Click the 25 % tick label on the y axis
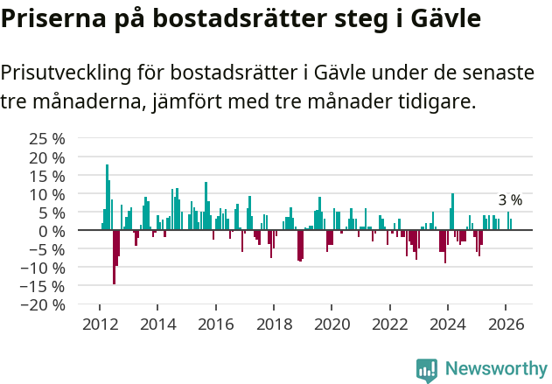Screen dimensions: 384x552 click(x=47, y=139)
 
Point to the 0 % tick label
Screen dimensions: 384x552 click(x=52, y=231)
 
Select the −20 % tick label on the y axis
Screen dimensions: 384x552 click(x=44, y=304)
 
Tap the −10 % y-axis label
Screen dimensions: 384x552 click(x=44, y=268)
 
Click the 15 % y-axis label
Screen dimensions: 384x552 click(x=47, y=176)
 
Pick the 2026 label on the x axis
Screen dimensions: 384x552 click(x=506, y=324)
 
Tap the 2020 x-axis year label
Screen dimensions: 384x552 click(x=332, y=324)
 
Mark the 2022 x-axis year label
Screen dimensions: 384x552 click(x=389, y=324)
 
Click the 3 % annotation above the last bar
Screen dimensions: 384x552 click(x=510, y=200)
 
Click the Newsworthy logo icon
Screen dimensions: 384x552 click(x=427, y=369)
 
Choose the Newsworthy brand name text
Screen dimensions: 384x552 click(x=496, y=369)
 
